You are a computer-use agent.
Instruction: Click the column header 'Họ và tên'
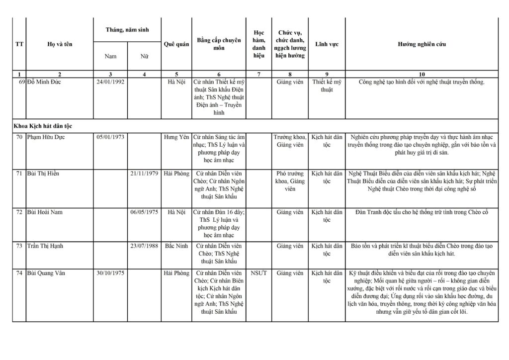60,44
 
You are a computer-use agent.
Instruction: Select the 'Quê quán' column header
176,44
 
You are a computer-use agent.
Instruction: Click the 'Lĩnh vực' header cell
327,44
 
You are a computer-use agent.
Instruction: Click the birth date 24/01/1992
110,82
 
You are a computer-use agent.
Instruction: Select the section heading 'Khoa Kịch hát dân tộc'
46,126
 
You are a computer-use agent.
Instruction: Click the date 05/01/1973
110,137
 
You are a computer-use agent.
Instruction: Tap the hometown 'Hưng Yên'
176,137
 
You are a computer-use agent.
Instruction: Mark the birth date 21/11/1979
144,174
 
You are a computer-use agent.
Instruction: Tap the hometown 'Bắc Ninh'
176,246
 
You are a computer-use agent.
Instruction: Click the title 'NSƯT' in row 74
259,273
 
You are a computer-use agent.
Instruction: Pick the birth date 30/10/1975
110,273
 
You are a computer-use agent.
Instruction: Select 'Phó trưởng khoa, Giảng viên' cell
290,181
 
